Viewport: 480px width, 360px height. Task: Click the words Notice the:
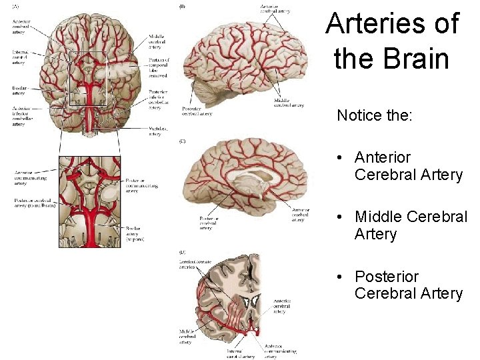(x=375, y=115)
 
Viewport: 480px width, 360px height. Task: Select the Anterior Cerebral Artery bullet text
(x=407, y=166)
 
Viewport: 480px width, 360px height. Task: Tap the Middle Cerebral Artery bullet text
(x=410, y=225)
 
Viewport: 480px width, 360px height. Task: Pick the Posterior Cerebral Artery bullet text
(x=407, y=285)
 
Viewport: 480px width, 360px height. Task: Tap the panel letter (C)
(x=182, y=141)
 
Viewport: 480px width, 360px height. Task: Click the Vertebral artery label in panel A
(x=155, y=130)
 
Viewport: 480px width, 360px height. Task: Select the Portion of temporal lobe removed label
(x=159, y=67)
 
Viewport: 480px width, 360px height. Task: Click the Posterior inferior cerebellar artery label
(x=159, y=99)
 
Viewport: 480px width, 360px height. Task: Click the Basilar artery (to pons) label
(x=135, y=233)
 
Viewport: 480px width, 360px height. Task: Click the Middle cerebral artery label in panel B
(x=289, y=103)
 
